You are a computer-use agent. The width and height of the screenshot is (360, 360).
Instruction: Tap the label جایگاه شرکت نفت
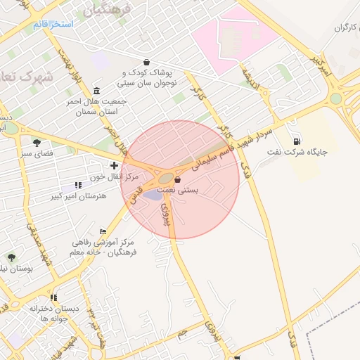pyautogui.click(x=305, y=151)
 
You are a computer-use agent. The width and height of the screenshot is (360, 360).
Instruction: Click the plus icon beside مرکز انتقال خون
pyautogui.click(x=114, y=165)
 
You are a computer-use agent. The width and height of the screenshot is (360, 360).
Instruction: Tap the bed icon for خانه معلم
pyautogui.click(x=103, y=231)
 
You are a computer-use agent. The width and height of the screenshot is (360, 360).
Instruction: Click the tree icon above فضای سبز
pyautogui.click(x=37, y=143)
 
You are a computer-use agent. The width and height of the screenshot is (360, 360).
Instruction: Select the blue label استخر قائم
pyautogui.click(x=53, y=25)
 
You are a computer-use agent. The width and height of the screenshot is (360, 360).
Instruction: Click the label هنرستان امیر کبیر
pyautogui.click(x=79, y=195)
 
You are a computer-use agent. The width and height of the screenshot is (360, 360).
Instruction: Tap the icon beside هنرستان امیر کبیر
pyautogui.click(x=77, y=185)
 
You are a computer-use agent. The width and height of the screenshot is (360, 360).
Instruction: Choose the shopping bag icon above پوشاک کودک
pyautogui.click(x=146, y=62)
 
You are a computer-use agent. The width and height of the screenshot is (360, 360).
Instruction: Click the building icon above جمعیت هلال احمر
pyautogui.click(x=96, y=91)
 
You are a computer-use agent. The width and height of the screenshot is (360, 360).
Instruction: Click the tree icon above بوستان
pyautogui.click(x=11, y=257)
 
